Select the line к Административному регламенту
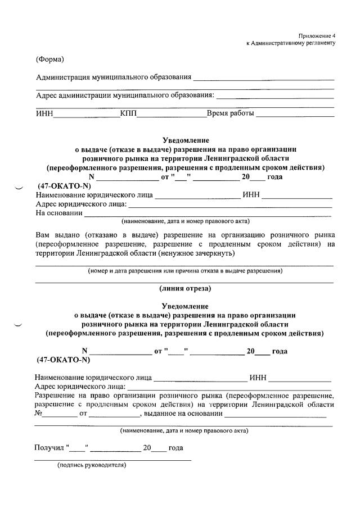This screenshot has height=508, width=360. click(291, 43)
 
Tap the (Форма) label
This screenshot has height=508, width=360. click(49, 60)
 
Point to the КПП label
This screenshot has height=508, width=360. click(128, 114)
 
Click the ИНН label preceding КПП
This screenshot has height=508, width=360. click(44, 114)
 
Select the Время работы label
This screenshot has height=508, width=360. click(231, 114)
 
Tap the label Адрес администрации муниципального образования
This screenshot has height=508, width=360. click(125, 95)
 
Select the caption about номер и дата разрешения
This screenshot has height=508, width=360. click(184, 271)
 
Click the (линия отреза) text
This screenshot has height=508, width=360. click(185, 289)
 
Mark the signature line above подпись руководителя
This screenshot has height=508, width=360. click(112, 460)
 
